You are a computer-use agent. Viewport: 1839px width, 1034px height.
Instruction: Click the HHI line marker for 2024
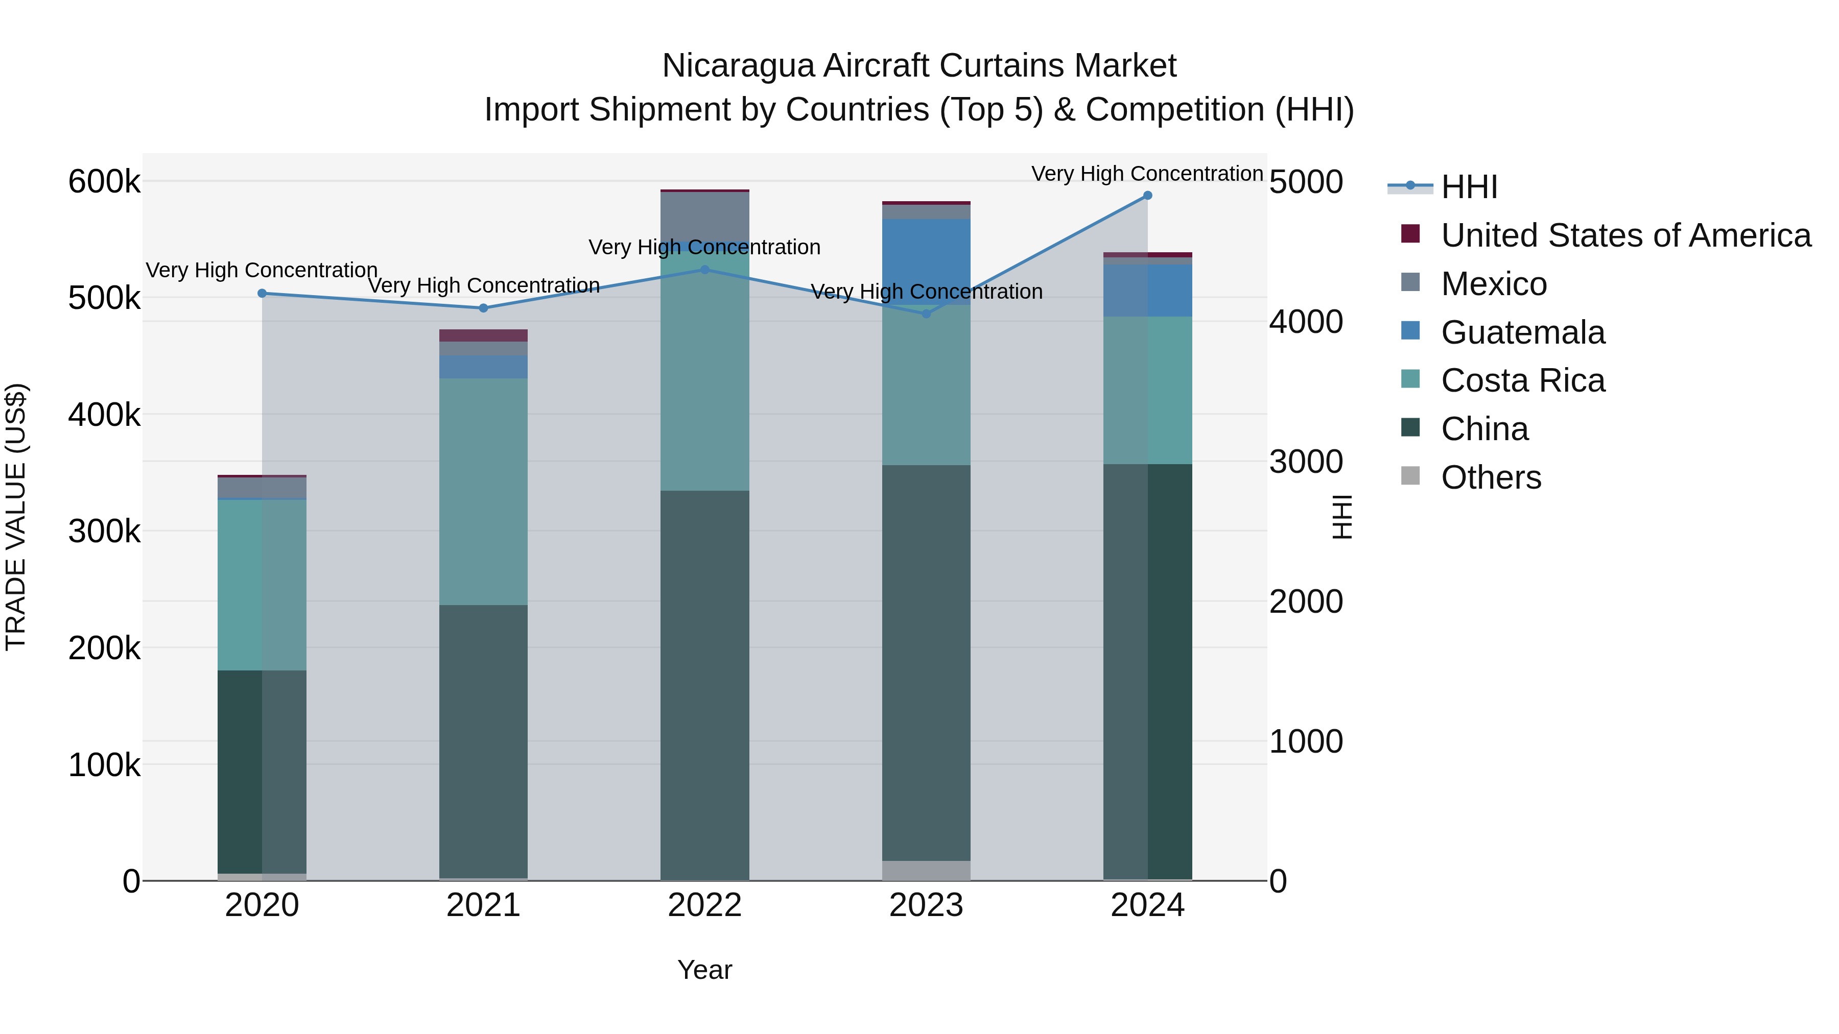1147,196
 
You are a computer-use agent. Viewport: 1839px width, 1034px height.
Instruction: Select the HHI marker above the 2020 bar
262,293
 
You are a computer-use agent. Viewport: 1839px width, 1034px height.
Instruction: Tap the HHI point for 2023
927,314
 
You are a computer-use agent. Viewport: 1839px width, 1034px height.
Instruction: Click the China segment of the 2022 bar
704,685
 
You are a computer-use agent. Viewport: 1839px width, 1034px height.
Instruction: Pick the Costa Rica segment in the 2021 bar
483,492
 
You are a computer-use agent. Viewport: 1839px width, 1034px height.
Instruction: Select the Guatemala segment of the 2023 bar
927,261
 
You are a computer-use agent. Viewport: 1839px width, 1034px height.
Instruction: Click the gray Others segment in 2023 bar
927,871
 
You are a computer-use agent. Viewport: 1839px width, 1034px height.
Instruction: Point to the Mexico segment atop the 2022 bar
704,214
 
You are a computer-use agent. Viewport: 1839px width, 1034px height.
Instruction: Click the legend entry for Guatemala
1523,332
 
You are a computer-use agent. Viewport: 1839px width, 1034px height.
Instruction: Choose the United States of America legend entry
1625,235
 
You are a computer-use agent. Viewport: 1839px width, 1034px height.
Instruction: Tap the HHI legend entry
1469,187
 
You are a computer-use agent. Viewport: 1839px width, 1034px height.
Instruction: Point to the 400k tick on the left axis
104,415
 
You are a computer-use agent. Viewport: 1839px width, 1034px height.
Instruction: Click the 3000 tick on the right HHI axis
1306,462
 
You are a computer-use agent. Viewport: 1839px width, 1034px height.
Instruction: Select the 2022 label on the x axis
704,905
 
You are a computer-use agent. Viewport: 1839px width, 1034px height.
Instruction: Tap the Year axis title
704,970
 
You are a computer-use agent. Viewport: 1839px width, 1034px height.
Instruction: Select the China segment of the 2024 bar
1147,671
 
